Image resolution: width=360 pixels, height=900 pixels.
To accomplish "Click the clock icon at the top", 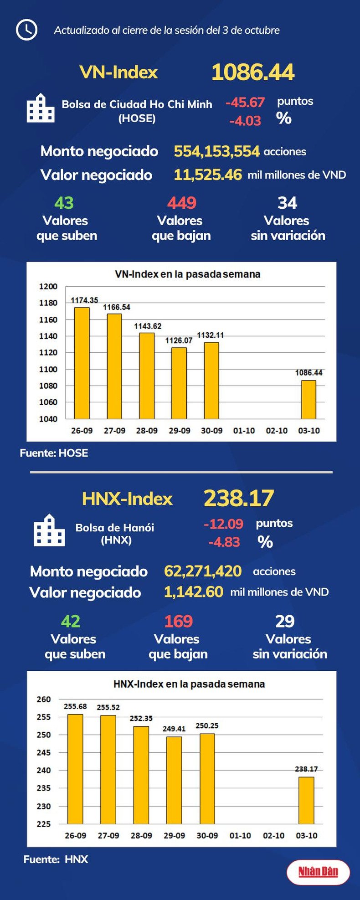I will pyautogui.click(x=26, y=30).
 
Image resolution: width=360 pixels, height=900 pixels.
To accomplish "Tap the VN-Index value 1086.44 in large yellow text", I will pyautogui.click(x=253, y=72).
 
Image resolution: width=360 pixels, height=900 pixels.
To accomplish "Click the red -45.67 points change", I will pyautogui.click(x=245, y=102).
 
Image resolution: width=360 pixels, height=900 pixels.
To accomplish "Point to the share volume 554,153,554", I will pyautogui.click(x=216, y=151).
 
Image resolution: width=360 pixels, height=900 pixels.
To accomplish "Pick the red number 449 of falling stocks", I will pyautogui.click(x=181, y=203).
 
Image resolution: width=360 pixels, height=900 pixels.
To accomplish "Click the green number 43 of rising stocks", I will pyautogui.click(x=64, y=203).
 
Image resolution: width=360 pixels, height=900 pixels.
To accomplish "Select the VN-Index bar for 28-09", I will pyautogui.click(x=147, y=375).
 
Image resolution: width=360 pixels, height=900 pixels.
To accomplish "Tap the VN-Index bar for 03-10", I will pyautogui.click(x=309, y=399).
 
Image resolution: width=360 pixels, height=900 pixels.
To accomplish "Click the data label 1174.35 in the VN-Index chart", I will pyautogui.click(x=84, y=300).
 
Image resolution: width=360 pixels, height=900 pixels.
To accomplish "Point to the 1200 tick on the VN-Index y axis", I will pyautogui.click(x=48, y=287).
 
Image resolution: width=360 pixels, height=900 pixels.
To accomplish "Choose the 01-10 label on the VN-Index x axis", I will pyautogui.click(x=244, y=431).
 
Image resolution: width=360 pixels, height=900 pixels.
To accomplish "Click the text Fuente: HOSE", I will pyautogui.click(x=54, y=453).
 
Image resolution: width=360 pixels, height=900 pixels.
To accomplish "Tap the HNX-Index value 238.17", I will pyautogui.click(x=239, y=498).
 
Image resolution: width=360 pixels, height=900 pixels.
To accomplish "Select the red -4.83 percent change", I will pyautogui.click(x=224, y=542).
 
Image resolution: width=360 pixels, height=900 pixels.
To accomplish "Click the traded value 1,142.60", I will pyautogui.click(x=193, y=592).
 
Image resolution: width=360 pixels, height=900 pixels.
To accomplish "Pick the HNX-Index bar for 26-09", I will pyautogui.click(x=75, y=769).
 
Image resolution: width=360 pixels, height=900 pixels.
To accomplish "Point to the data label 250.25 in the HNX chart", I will pyautogui.click(x=207, y=725).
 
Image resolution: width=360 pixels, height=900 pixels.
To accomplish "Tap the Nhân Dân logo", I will pyautogui.click(x=318, y=872).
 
